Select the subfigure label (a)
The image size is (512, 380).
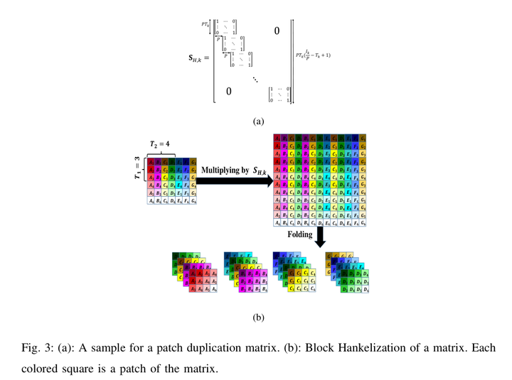[258, 121]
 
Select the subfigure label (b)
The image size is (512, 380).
[258, 317]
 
